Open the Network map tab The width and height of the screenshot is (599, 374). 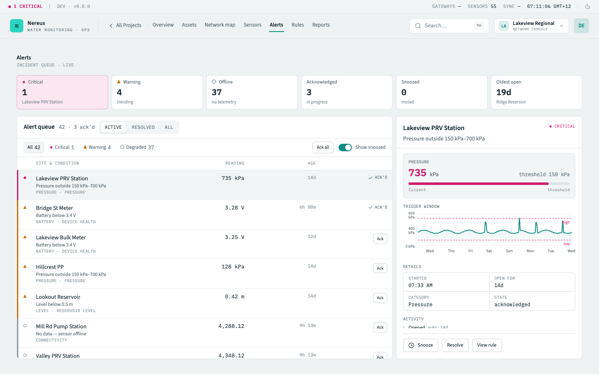[x=220, y=25]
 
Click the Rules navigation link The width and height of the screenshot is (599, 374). [x=298, y=25]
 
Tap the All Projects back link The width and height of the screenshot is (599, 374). [x=126, y=25]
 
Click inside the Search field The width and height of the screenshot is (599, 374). [x=449, y=26]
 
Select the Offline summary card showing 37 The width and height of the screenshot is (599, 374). [x=252, y=92]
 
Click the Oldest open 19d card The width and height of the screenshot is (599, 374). [x=537, y=92]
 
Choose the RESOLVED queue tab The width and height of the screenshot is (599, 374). [x=143, y=127]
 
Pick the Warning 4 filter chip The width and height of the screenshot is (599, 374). [x=97, y=147]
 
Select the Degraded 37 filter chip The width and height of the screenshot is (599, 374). [x=137, y=147]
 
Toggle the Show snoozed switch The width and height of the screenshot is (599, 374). [x=345, y=148]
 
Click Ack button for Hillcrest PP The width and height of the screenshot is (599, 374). [x=380, y=268]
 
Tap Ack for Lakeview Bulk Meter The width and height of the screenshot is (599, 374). [x=380, y=239]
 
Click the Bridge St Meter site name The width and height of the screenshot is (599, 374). [x=54, y=208]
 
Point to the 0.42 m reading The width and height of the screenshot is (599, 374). [x=235, y=297]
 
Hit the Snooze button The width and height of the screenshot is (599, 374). [x=421, y=345]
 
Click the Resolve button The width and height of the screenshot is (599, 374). [x=455, y=345]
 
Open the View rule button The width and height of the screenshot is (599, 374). [x=487, y=345]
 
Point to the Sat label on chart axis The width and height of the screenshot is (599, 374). [x=489, y=251]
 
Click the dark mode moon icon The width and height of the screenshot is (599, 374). [x=588, y=6]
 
